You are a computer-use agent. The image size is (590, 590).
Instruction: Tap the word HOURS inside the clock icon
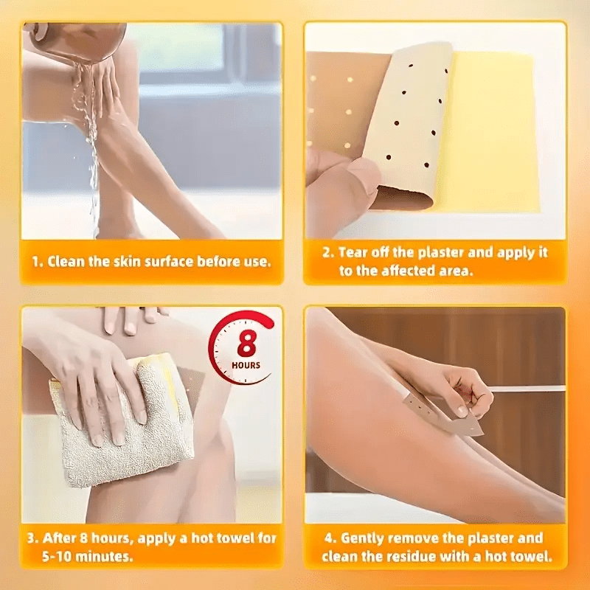pyautogui.click(x=246, y=365)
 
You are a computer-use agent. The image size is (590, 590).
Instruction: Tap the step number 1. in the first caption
pyautogui.click(x=38, y=262)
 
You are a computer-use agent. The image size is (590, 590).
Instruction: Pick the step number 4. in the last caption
pyautogui.click(x=330, y=538)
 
